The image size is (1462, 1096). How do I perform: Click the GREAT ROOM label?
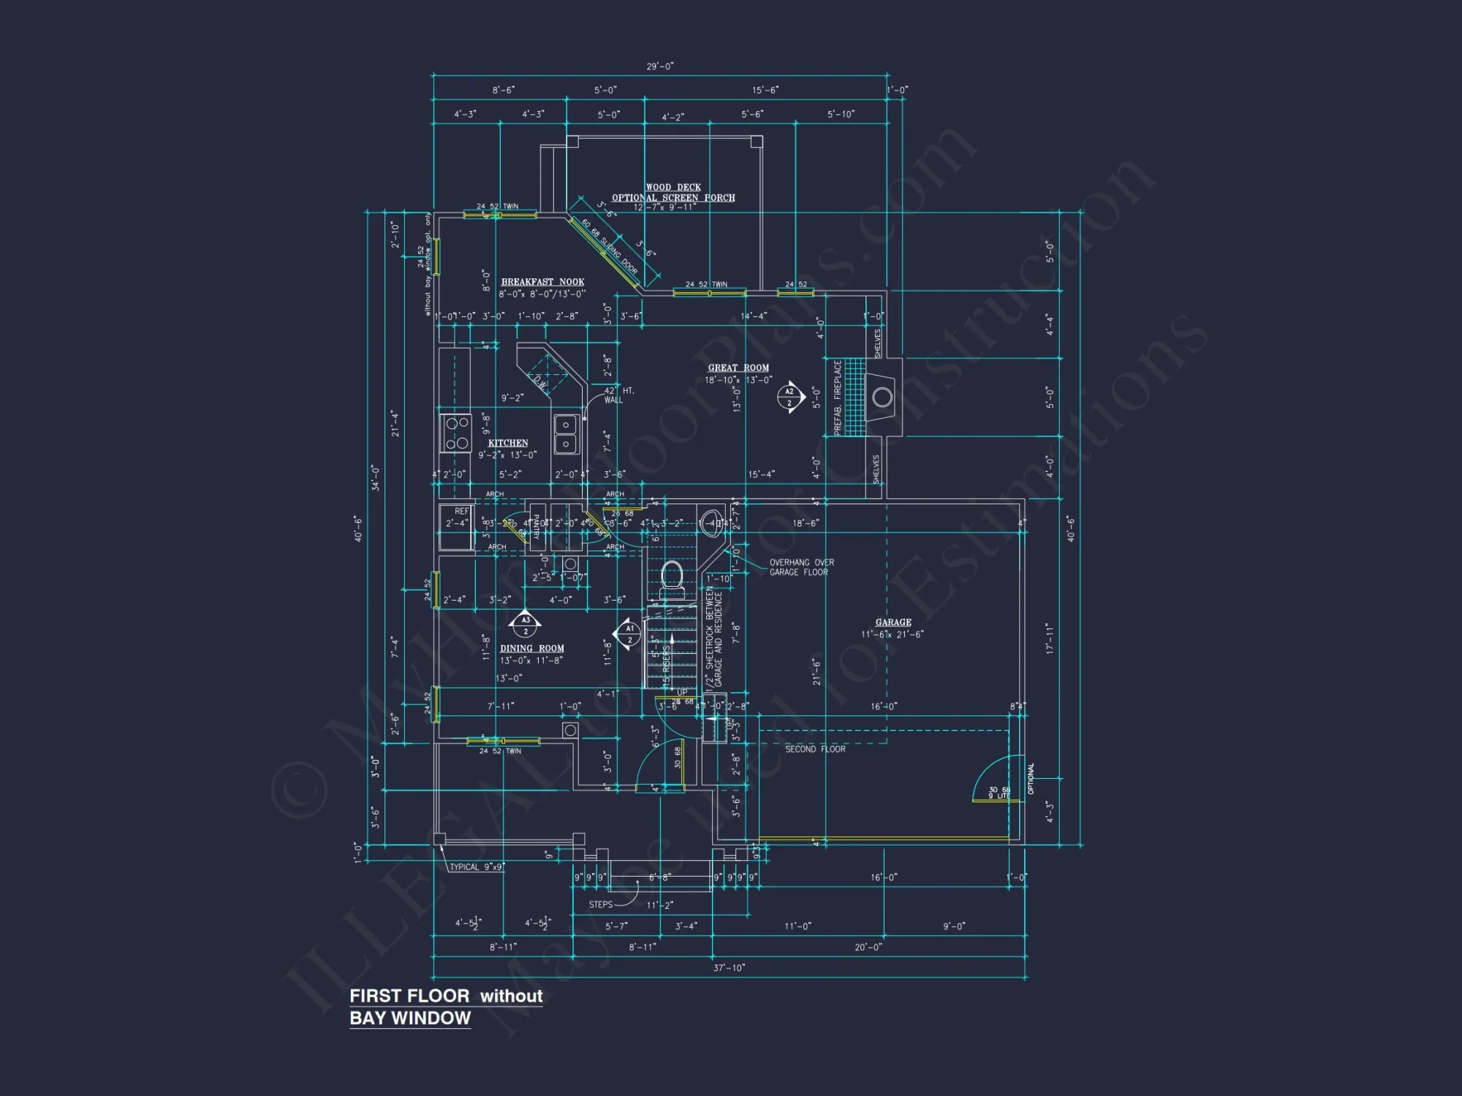738,368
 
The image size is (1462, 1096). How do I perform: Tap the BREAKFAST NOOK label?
542,282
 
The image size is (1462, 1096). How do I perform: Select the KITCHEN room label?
508,443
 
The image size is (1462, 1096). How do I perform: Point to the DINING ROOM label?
532,649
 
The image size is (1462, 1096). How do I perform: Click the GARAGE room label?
893,623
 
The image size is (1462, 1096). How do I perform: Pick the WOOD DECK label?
673,188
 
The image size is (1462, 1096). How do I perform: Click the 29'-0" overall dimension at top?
660,66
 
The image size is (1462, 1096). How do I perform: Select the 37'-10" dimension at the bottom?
729,968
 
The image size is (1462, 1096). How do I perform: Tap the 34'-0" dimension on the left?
376,477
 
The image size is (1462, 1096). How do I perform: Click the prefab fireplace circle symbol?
882,397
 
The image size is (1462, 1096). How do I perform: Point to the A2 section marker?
790,397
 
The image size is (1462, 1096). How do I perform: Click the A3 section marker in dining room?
526,625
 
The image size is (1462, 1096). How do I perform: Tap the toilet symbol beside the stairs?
672,575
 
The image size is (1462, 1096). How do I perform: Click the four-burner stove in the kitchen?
457,433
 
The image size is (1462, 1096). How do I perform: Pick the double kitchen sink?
566,434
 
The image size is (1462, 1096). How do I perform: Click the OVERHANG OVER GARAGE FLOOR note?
801,568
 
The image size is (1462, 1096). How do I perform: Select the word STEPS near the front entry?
601,905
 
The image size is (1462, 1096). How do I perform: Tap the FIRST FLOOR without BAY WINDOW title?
446,1007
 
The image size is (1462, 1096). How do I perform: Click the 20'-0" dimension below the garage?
868,948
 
